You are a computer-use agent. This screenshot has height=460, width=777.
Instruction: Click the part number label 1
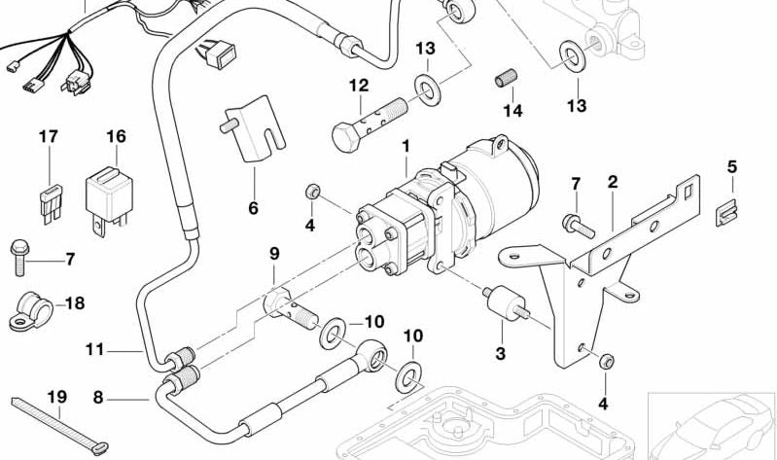point(406,147)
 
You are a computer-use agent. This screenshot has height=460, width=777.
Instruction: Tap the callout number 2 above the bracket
point(613,182)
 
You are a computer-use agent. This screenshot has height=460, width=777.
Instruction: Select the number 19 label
point(56,397)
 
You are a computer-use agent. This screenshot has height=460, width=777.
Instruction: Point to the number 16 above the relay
point(116,137)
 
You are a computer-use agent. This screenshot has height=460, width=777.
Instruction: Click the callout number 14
point(512,112)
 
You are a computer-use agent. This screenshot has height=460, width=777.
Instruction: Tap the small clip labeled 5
point(724,212)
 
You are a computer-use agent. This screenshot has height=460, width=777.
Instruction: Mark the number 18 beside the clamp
point(74,303)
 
